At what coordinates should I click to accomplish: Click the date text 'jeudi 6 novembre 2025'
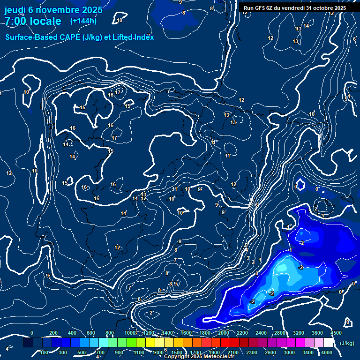(x=53, y=10)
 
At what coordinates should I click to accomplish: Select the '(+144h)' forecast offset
(x=83, y=21)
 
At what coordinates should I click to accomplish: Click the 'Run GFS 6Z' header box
(x=295, y=7)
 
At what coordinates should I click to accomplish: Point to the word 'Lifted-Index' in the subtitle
(x=134, y=37)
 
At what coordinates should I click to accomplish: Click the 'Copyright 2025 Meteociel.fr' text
(x=199, y=356)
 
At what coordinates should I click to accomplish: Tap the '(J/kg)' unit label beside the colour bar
(x=347, y=344)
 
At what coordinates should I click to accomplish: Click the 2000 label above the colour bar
(x=224, y=333)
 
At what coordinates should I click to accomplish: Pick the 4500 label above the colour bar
(x=336, y=333)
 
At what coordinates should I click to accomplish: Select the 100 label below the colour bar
(x=45, y=352)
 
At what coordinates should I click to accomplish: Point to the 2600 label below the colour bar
(x=270, y=352)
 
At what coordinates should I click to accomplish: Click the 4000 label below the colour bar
(x=327, y=352)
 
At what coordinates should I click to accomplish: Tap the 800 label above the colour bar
(x=110, y=333)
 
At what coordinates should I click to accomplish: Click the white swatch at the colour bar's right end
(x=328, y=343)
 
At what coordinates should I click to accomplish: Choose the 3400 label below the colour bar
(x=308, y=352)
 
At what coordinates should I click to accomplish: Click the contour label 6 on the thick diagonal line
(x=257, y=205)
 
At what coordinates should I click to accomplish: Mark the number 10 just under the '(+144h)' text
(x=120, y=20)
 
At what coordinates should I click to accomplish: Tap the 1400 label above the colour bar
(x=167, y=333)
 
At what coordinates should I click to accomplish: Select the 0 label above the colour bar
(x=32, y=333)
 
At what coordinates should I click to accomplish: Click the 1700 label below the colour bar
(x=195, y=352)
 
